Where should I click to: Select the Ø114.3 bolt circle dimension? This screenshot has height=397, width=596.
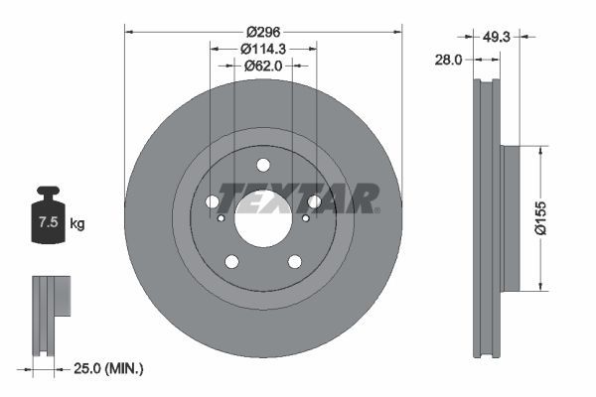coord(263,47)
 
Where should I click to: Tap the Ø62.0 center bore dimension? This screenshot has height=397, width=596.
coord(263,66)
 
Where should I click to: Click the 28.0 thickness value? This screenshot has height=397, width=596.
coord(449,60)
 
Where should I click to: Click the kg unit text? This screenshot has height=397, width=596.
coord(76,224)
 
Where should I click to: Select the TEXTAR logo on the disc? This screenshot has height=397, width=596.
coord(299,198)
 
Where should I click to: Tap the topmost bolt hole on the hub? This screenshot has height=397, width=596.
coord(263,166)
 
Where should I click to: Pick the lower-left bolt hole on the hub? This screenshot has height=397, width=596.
coord(232,261)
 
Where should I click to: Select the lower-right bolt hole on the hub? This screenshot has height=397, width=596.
coord(294,261)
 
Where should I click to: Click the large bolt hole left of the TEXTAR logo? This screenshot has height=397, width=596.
coord(213,202)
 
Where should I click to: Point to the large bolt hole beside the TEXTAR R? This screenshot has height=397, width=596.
coord(315,202)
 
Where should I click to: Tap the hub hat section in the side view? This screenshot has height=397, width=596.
coord(509,219)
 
